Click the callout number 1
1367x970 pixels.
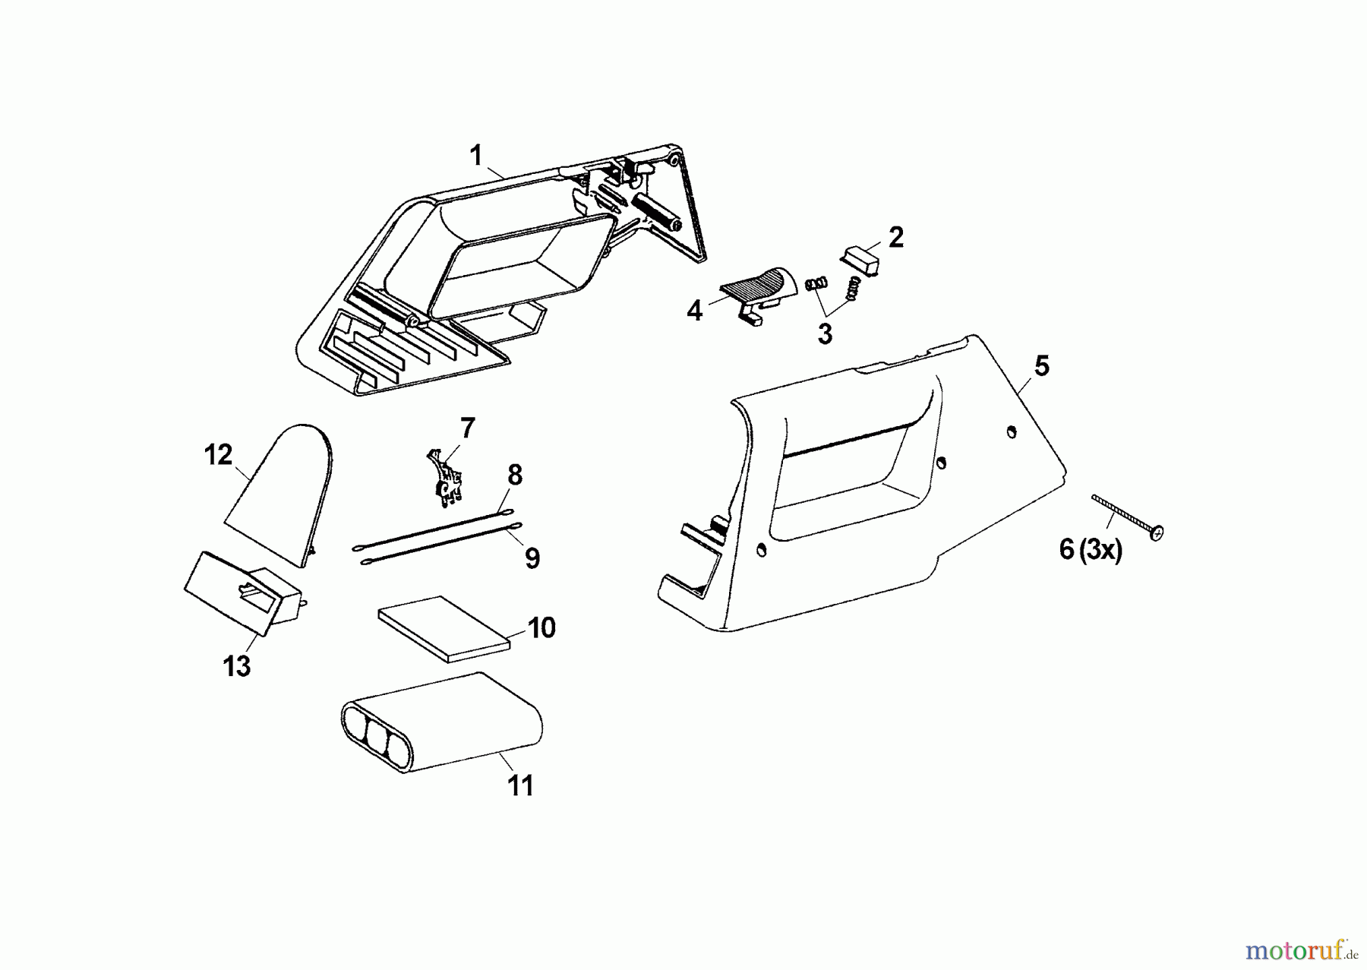pyautogui.click(x=476, y=156)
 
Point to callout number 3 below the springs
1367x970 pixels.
pyautogui.click(x=825, y=333)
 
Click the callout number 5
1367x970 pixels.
pyautogui.click(x=1042, y=366)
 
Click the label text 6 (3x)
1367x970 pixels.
pyautogui.click(x=1091, y=549)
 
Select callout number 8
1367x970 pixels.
pyautogui.click(x=515, y=476)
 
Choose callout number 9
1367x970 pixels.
pyautogui.click(x=532, y=558)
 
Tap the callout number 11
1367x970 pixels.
pyautogui.click(x=521, y=785)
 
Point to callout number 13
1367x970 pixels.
pyautogui.click(x=237, y=666)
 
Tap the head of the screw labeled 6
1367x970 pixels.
pyautogui.click(x=1157, y=534)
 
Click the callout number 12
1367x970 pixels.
pyautogui.click(x=218, y=456)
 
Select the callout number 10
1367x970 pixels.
pyautogui.click(x=541, y=628)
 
